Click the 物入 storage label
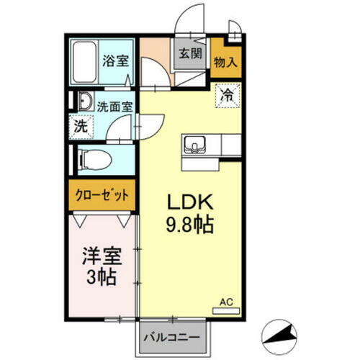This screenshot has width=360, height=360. click(225, 62)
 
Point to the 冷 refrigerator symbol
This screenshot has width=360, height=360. click(227, 94)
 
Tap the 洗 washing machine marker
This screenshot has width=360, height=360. click(80, 125)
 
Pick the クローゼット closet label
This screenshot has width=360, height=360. click(102, 195)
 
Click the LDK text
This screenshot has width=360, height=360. click(189, 201)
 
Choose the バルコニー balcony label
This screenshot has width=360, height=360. click(172, 336)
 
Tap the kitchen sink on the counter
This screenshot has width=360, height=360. click(194, 146)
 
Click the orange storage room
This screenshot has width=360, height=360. click(225, 58)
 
